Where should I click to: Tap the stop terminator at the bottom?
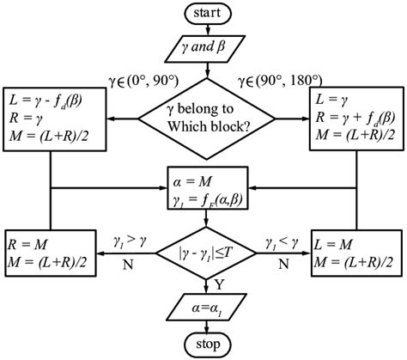(205, 346)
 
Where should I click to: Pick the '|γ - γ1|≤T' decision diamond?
(205, 254)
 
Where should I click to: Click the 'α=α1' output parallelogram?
(205, 305)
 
